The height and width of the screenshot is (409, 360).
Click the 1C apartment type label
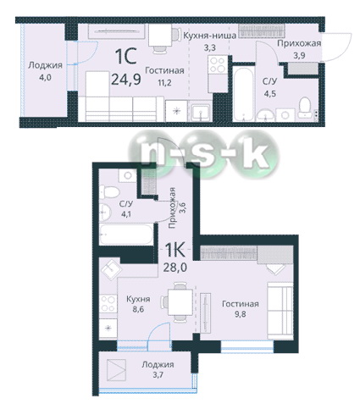tap(126, 57)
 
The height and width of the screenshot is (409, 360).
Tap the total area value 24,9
tap(126, 80)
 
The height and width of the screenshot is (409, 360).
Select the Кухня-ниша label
tap(210, 36)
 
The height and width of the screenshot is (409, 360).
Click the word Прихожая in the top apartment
tap(299, 43)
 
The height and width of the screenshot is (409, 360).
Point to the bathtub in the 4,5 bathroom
tap(243, 94)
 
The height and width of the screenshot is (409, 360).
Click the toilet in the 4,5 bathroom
tap(305, 108)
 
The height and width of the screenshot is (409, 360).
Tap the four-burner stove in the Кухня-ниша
tap(218, 64)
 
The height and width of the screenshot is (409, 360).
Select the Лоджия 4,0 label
tap(45, 71)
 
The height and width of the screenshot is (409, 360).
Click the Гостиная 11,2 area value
tap(164, 83)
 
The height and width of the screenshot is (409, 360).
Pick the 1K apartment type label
tap(174, 250)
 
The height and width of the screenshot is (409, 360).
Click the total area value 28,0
tap(175, 267)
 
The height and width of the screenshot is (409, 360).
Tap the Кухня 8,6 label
tap(138, 304)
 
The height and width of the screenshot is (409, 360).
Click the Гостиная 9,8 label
tap(241, 308)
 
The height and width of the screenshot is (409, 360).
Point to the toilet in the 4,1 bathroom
tap(109, 192)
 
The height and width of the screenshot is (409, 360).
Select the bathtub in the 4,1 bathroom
tap(126, 235)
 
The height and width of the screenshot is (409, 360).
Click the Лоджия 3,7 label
tap(158, 369)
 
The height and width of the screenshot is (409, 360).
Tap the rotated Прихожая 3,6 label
tap(176, 207)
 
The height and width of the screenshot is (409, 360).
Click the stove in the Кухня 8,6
tap(108, 303)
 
